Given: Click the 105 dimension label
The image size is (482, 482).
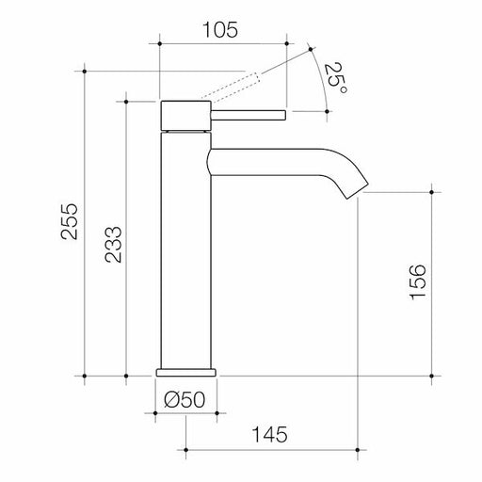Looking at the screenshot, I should coord(221,28).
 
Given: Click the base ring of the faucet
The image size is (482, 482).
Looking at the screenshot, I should coord(189,369).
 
